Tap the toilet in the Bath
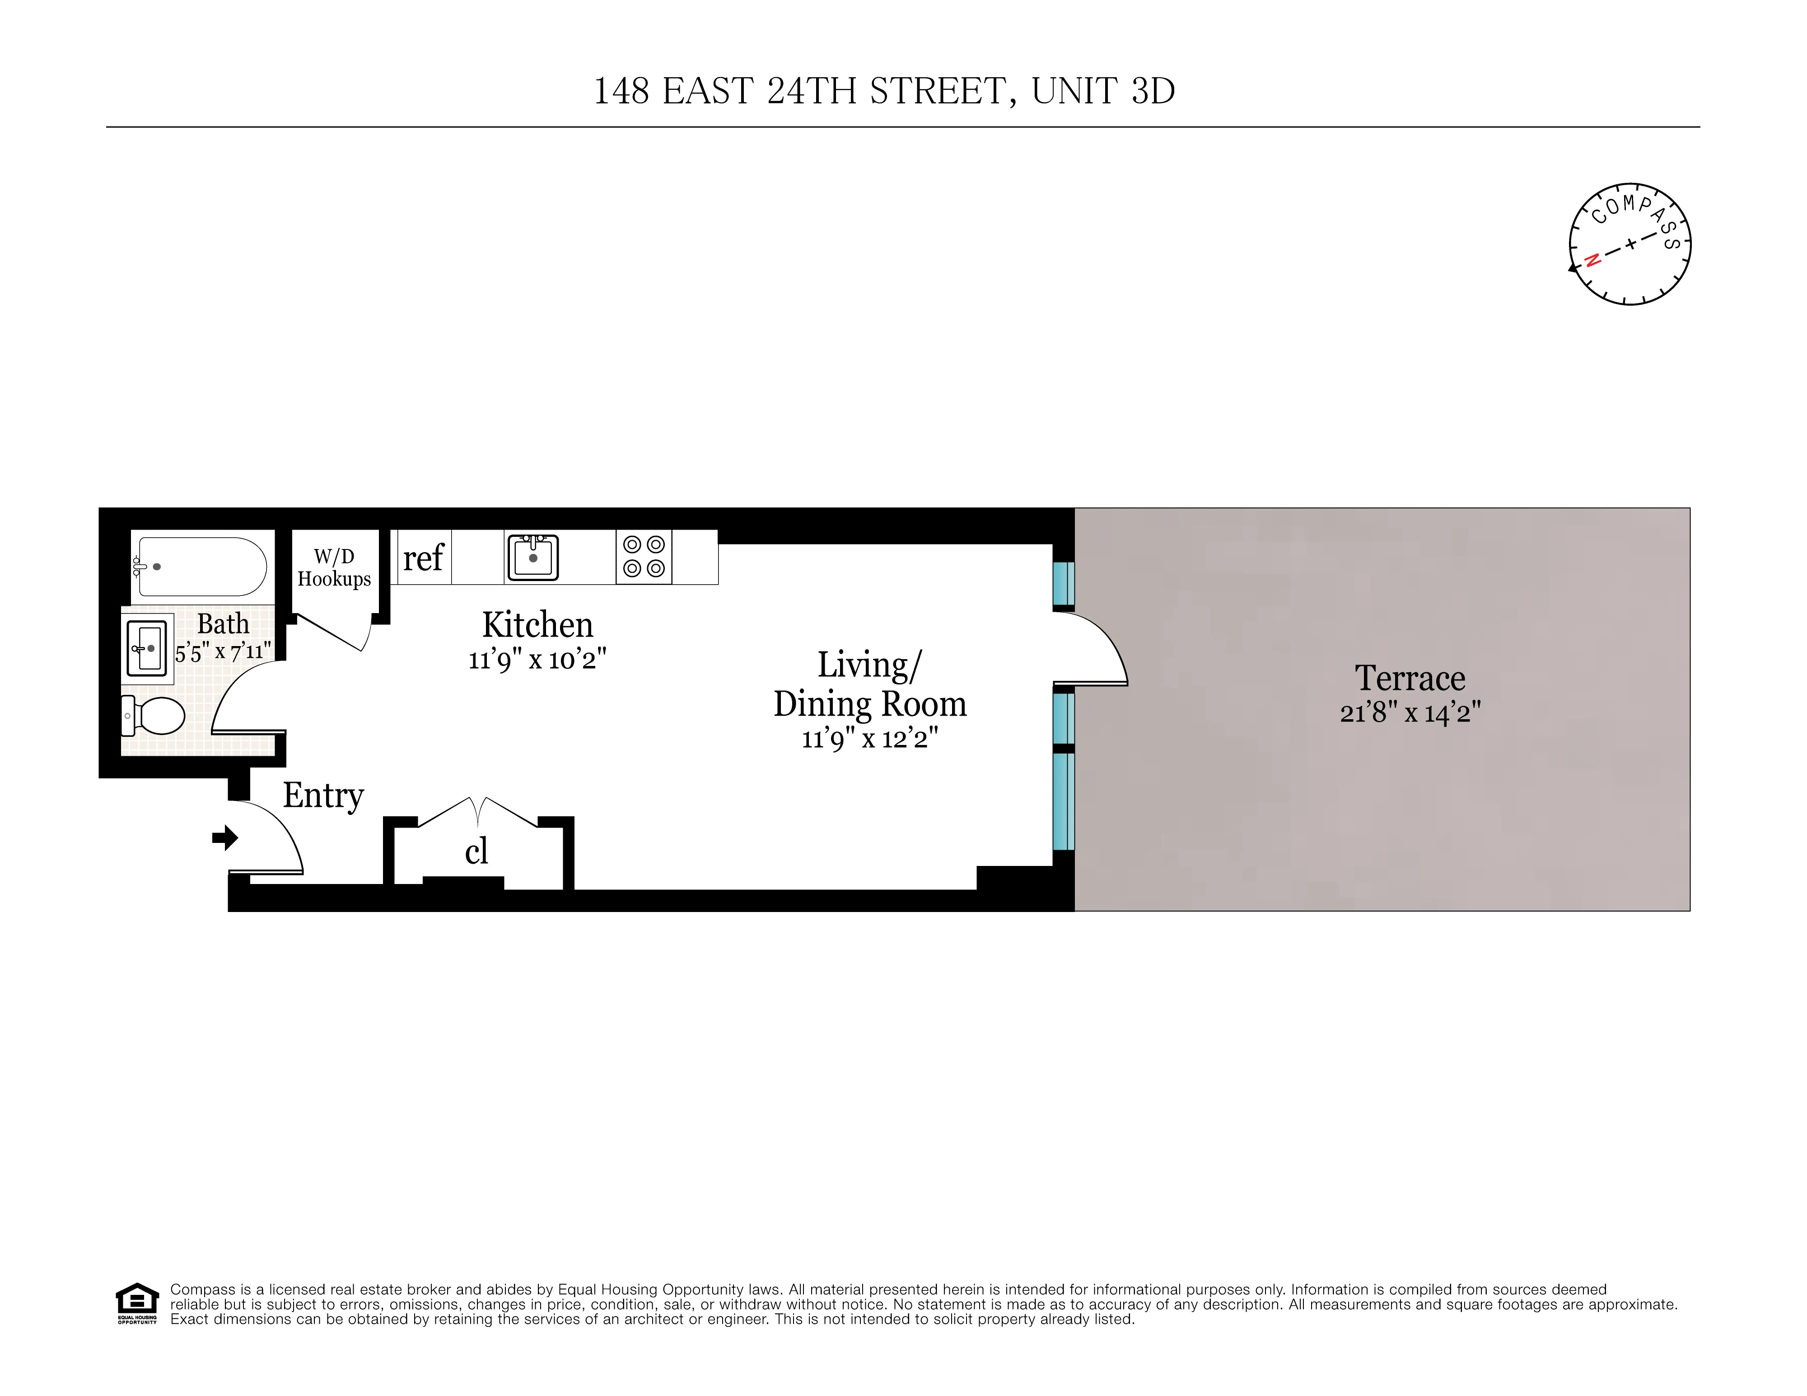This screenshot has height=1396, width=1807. pyautogui.click(x=155, y=715)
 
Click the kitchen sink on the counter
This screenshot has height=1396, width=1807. pyautogui.click(x=533, y=558)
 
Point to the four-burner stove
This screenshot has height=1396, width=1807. pyautogui.click(x=644, y=557)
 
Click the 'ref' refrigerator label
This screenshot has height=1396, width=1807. pyautogui.click(x=423, y=558)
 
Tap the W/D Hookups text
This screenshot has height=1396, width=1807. pyautogui.click(x=334, y=568)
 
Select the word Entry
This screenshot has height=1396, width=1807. pyautogui.click(x=323, y=796)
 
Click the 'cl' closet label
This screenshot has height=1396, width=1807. pyautogui.click(x=476, y=852)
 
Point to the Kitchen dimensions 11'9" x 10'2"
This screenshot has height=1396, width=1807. pyautogui.click(x=537, y=660)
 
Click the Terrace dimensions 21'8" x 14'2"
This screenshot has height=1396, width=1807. pyautogui.click(x=1410, y=712)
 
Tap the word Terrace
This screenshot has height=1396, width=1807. pyautogui.click(x=1410, y=678)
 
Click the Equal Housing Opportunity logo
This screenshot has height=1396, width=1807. pyautogui.click(x=136, y=1303)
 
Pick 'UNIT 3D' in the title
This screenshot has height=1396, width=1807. pyautogui.click(x=1103, y=91)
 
